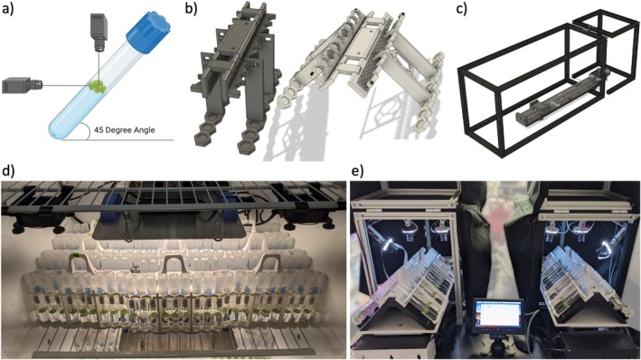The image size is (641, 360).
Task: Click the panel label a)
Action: point(8,8)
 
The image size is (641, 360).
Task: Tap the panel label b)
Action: point(191,8)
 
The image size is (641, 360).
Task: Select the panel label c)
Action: point(461,8)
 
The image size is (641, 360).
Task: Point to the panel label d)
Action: point(8,171)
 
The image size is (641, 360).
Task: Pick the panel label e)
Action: point(358,171)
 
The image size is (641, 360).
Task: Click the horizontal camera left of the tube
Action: point(23,86)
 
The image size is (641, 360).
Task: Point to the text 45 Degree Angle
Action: point(124,130)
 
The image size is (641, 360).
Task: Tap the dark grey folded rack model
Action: point(237,78)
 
